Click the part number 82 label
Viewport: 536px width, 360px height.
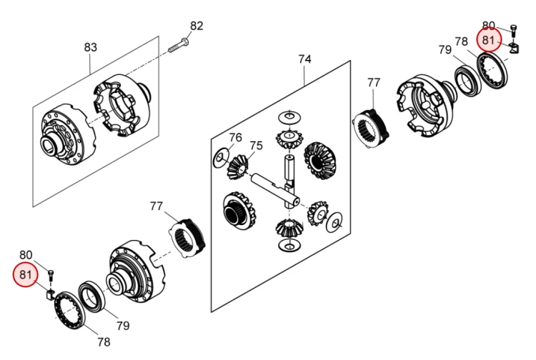[x=197, y=26]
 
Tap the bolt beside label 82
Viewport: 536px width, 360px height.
[x=179, y=48]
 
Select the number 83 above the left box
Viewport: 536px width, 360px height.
[x=91, y=47]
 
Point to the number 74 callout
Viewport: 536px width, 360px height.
[x=305, y=60]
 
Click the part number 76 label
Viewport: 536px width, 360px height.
[x=235, y=138]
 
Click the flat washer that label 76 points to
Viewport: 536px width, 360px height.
[x=220, y=158]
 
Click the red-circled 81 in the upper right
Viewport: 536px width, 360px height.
[x=489, y=41]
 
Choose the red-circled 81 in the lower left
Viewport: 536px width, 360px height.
[x=26, y=274]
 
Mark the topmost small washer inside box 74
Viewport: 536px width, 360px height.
[x=289, y=116]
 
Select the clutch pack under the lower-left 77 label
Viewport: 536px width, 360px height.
[x=191, y=236]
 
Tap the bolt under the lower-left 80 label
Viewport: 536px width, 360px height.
[x=50, y=274]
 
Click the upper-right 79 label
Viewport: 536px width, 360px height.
[x=445, y=50]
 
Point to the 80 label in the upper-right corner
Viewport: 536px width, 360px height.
[x=489, y=26]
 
